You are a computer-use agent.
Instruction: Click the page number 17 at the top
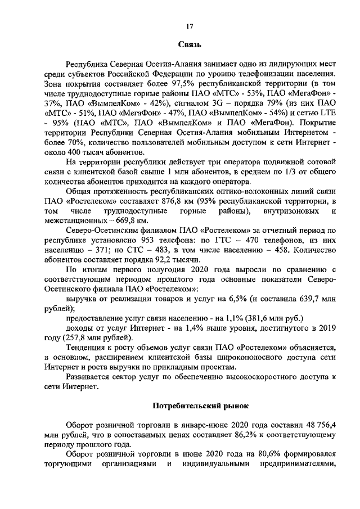190,24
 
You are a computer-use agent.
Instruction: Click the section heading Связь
190,44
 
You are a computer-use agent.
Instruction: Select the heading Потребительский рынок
190,406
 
